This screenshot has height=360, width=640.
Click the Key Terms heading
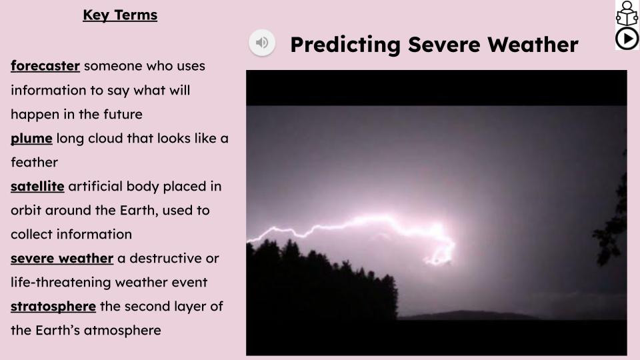coord(120,15)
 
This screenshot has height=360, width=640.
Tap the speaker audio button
coord(262,43)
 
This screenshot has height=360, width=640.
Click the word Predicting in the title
coord(345,45)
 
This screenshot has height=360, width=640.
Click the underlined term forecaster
coord(45,66)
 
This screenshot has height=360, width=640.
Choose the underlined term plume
coord(31,139)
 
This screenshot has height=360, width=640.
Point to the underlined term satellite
coord(37,186)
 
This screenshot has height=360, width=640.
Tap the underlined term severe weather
coord(62,259)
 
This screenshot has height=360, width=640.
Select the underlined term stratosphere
coord(53,307)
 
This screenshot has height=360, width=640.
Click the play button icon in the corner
coord(627,39)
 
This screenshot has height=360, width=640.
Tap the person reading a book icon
coord(627,13)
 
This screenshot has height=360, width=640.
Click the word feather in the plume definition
coord(34,163)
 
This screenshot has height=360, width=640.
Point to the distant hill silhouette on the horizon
coord(469,315)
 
